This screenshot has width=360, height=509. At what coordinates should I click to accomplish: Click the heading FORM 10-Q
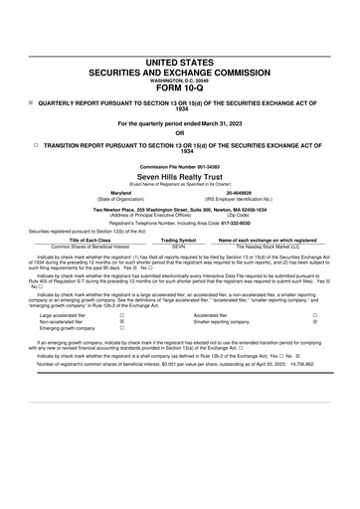coord(180,88)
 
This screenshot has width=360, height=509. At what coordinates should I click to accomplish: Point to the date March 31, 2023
coord(217,122)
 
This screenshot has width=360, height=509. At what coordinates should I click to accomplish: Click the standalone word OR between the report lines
coord(180,132)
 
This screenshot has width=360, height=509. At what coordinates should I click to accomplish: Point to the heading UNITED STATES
coord(180,63)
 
